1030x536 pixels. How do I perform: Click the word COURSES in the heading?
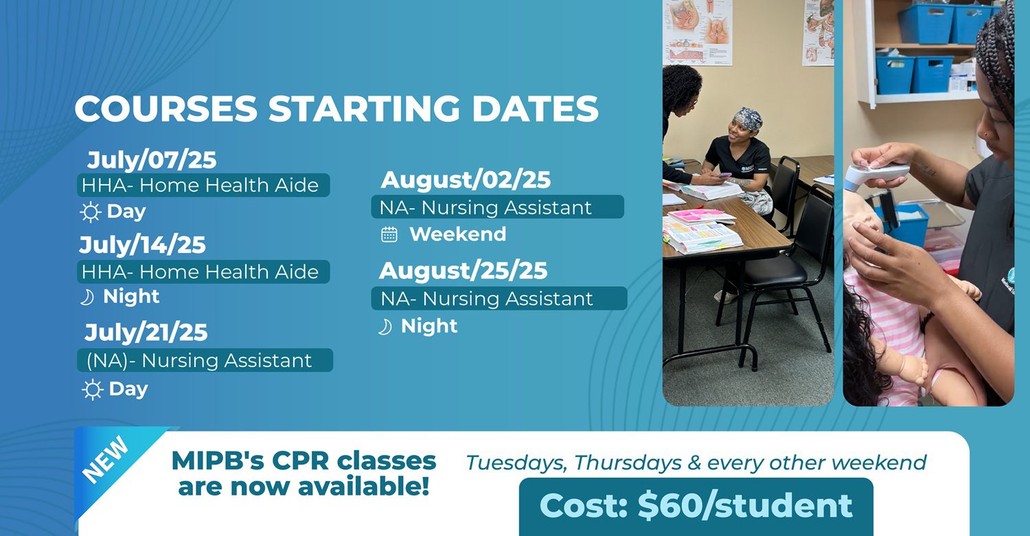click(166, 109)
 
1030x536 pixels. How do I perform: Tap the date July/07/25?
click(152, 160)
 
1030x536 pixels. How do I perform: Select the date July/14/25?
click(143, 245)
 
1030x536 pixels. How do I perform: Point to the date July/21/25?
click(146, 332)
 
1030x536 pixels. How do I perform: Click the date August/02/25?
click(466, 180)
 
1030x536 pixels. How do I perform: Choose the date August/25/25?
click(463, 271)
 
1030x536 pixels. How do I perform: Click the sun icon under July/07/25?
click(90, 212)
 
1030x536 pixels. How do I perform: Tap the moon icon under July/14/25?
click(87, 298)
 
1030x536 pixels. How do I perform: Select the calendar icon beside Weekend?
click(389, 234)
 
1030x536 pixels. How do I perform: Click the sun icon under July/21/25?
click(93, 390)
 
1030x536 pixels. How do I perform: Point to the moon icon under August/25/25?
click(385, 327)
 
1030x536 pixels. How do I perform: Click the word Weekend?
click(458, 234)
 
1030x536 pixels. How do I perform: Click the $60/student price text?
click(745, 506)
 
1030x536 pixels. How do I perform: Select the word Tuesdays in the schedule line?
click(516, 463)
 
